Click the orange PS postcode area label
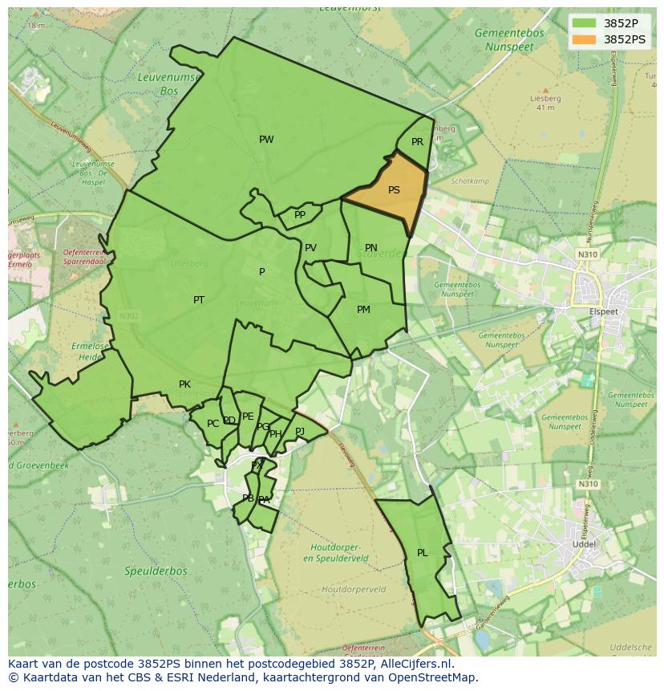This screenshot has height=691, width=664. (394, 190)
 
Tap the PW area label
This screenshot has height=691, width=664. (266, 140)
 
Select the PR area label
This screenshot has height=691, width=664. (417, 142)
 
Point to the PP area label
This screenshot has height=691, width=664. (300, 215)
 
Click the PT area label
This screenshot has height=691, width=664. (199, 300)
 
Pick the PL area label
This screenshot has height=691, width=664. (423, 553)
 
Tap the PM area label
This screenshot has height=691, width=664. (363, 310)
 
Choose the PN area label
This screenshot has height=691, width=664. (370, 248)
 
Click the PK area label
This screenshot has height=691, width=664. (184, 384)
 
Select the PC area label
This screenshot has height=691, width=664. (213, 424)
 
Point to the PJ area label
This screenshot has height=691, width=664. (300, 431)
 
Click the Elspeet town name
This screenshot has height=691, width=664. (605, 311)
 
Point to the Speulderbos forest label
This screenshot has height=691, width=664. (156, 571)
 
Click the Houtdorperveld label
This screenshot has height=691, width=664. (354, 589)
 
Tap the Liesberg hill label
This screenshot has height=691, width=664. (545, 99)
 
